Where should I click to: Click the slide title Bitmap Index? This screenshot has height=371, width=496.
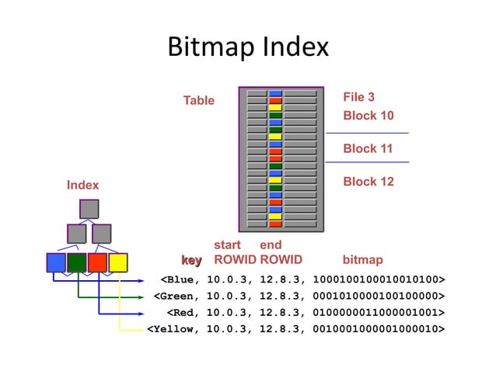click(x=248, y=47)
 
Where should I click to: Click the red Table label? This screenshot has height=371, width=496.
click(x=198, y=100)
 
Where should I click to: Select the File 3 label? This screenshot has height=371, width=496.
click(x=358, y=97)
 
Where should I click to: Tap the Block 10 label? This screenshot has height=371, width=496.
click(x=368, y=116)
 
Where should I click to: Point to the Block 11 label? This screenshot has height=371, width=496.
click(x=368, y=148)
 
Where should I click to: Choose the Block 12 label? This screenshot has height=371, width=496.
click(x=368, y=182)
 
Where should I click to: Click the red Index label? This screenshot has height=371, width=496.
click(x=82, y=185)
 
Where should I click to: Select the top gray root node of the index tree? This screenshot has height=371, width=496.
click(x=89, y=209)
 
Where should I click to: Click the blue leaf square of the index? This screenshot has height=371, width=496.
click(x=56, y=262)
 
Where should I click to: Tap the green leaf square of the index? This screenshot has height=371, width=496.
click(x=77, y=262)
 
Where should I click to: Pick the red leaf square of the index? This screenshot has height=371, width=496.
click(x=97, y=262)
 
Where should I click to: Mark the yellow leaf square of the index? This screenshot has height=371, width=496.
click(x=117, y=262)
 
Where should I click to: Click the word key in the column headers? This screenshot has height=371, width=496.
click(x=191, y=259)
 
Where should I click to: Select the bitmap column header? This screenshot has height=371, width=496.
click(x=362, y=259)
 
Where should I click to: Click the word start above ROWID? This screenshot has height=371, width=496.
click(x=227, y=245)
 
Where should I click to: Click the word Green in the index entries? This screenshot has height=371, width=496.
click(x=178, y=296)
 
